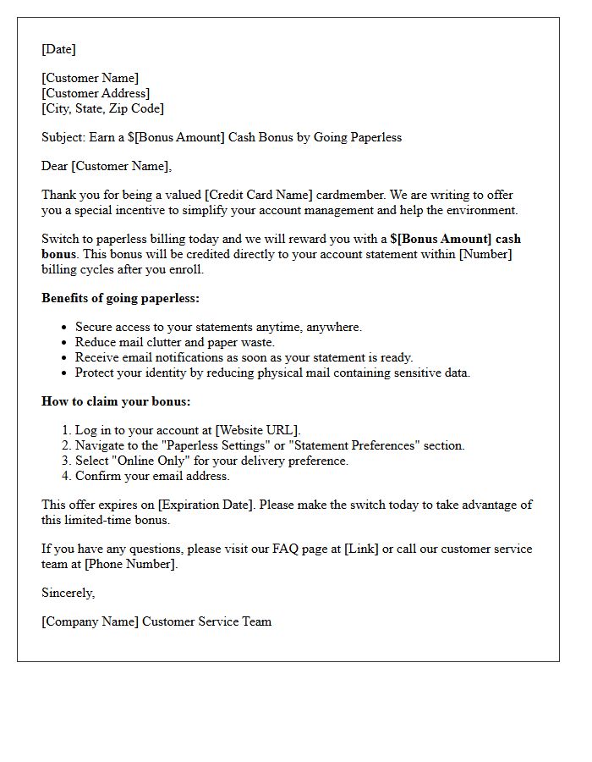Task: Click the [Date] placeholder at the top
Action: (x=58, y=49)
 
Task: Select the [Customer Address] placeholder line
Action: (x=96, y=93)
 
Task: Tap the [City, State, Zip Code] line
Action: (x=102, y=108)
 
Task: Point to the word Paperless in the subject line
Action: (x=374, y=137)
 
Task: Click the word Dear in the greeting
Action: (x=55, y=166)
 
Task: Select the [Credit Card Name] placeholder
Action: (x=261, y=195)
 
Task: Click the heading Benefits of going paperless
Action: (x=120, y=298)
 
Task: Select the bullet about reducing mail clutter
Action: (x=175, y=342)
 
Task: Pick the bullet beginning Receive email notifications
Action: (x=244, y=357)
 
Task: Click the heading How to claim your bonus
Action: (x=116, y=401)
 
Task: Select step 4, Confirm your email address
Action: (x=152, y=476)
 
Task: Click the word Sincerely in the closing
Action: (x=68, y=593)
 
